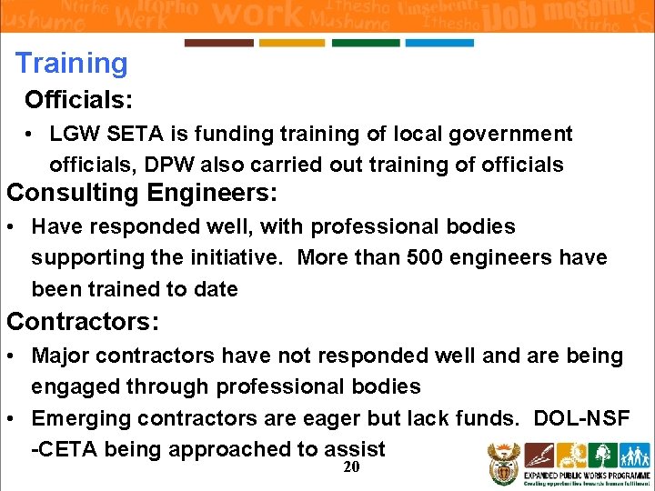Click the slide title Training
[72, 64]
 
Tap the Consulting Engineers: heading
[142, 194]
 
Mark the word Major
[58, 356]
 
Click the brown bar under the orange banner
[218, 43]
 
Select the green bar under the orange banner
[366, 43]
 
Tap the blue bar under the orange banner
[439, 43]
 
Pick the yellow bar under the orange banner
[292, 43]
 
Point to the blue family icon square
[634, 455]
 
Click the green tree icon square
[603, 455]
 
